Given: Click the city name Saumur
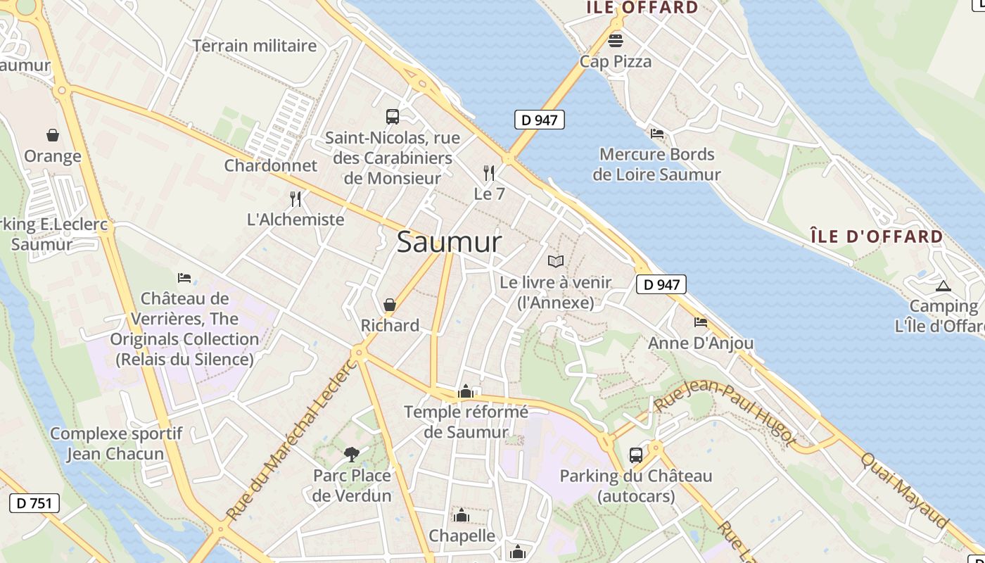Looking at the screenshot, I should pos(449,242).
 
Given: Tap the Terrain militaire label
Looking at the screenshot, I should pos(255,46).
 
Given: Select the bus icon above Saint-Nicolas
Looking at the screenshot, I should pos(393,117).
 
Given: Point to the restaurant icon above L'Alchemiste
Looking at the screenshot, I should pos(295,199).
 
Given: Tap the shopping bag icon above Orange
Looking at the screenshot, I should pos(53,135).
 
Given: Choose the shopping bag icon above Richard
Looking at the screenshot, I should pos(390,305).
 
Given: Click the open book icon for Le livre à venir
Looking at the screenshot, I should pos(556,262).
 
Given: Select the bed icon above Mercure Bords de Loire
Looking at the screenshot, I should pos(657,133).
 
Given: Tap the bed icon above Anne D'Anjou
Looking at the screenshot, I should pos(701,322).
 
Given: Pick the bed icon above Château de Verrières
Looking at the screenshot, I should pos(184,278).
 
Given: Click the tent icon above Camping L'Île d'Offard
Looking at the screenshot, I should pos(943,286).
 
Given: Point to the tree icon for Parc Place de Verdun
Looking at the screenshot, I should pos(352,455).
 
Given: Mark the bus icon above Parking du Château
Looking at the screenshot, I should pos(636,455).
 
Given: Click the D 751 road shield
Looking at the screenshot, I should pos(34,503).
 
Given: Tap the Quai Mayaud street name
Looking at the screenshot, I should pos(904,490).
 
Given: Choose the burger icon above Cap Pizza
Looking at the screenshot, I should pos(616,40).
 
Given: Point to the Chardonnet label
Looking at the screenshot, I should pos(271,165).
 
